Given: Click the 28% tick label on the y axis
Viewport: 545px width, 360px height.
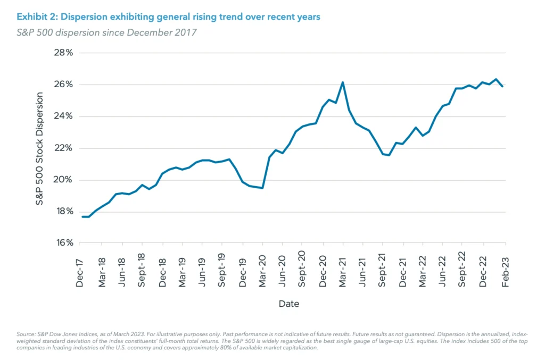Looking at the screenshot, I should tap(63, 53).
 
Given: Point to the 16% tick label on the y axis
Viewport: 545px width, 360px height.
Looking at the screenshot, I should tap(63, 243).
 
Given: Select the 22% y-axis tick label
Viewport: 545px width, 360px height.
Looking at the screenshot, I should tap(63, 148).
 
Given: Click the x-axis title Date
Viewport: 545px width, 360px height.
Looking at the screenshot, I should tap(288, 304).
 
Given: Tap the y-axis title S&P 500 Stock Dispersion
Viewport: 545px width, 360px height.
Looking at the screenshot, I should tap(40, 148).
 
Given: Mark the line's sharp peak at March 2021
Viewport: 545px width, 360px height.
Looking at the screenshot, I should tap(343, 82).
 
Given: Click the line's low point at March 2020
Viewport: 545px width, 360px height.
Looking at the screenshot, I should tap(262, 188).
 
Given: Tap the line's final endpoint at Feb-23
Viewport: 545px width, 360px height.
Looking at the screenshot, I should tap(503, 86).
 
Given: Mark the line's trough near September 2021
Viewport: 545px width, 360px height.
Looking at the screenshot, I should tap(389, 155).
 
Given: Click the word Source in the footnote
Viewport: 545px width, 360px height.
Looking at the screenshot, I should tap(27, 333).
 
